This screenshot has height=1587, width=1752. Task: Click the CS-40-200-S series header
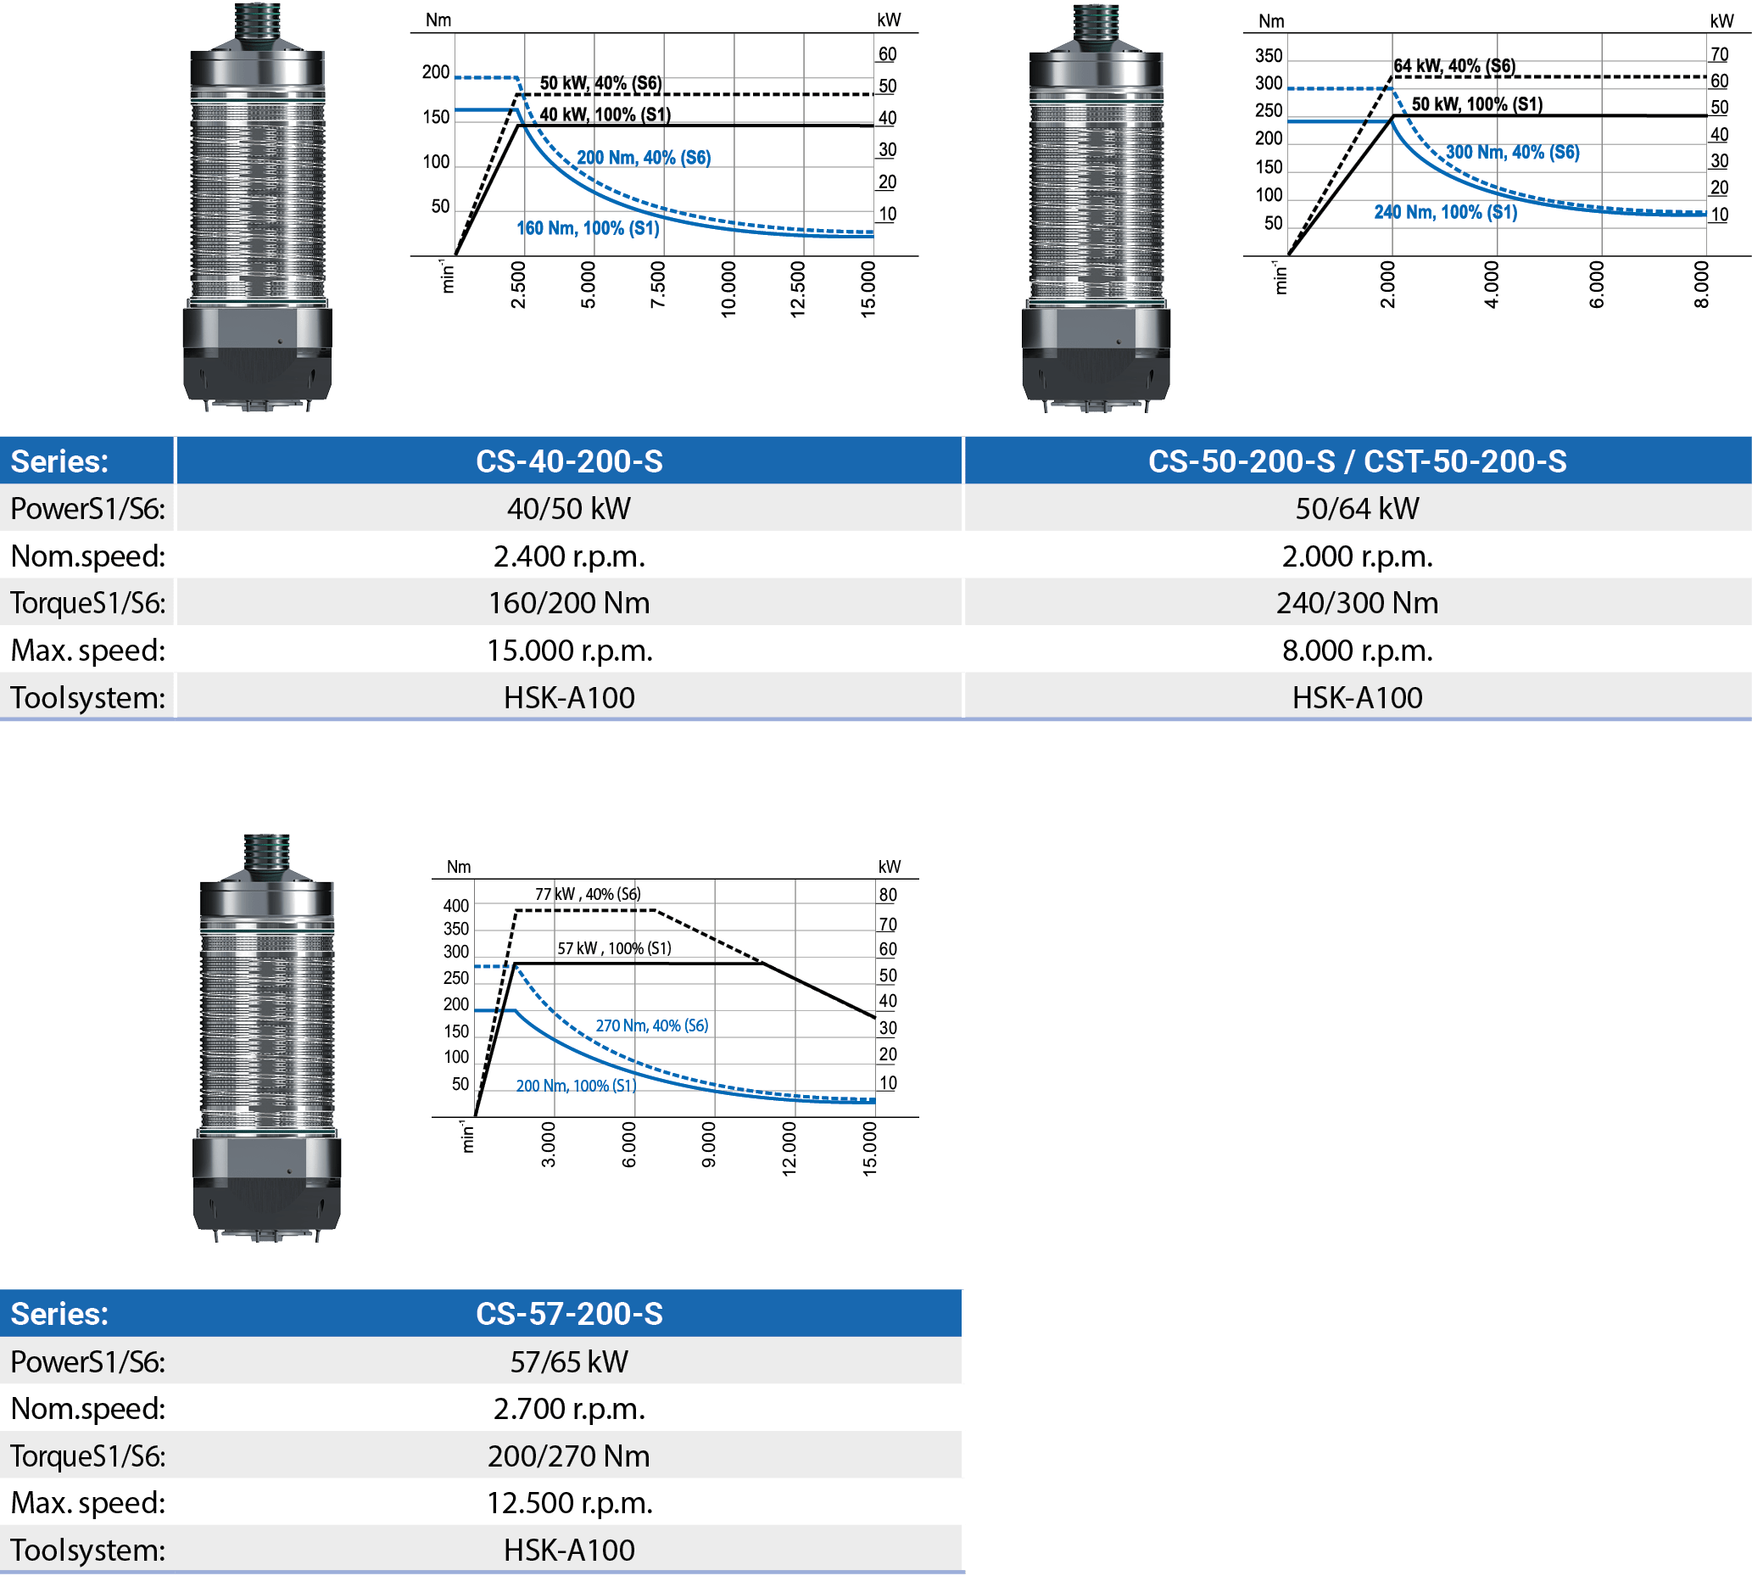569,461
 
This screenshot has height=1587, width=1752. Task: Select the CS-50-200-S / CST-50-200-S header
1358,461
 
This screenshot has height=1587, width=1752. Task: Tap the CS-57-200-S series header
569,1313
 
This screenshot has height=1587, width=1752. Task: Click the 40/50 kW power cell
569,508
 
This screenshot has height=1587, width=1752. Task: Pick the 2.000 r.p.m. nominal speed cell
1358,556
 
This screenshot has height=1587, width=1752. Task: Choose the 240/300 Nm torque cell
1358,603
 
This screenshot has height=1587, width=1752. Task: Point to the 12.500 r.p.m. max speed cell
569,1503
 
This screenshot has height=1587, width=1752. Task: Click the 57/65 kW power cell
569,1361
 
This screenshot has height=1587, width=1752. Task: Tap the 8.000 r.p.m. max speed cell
1358,650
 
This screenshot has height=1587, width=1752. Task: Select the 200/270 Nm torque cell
569,1456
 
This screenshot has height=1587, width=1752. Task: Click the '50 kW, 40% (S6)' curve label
600,83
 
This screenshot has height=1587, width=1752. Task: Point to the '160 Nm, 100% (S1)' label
589,228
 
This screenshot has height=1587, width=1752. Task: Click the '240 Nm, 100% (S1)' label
1446,212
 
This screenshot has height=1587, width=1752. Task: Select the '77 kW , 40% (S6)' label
589,894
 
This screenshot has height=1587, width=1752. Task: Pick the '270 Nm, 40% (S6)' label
652,1025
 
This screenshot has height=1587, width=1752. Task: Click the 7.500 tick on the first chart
658,284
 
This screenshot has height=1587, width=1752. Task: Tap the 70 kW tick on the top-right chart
1719,54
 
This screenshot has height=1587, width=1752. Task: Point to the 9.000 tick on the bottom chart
709,1143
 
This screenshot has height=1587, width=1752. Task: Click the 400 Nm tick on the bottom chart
456,906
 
